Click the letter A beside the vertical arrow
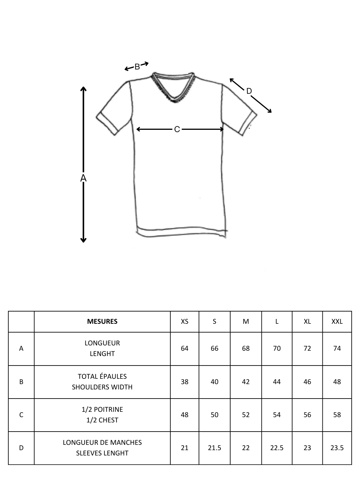click(83, 178)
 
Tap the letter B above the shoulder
click(137, 67)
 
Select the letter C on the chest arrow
click(177, 129)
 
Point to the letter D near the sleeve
click(249, 91)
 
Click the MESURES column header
click(102, 321)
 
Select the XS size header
click(184, 321)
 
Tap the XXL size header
click(337, 321)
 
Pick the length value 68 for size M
click(246, 348)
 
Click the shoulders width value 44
click(277, 382)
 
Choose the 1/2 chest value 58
click(337, 415)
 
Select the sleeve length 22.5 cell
click(277, 448)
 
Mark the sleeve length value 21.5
click(214, 448)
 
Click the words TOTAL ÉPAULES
click(102, 377)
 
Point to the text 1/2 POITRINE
click(102, 410)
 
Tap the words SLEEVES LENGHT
click(102, 453)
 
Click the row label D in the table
click(21, 448)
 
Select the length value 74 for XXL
click(337, 348)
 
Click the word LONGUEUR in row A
click(102, 343)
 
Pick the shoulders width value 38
click(184, 382)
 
